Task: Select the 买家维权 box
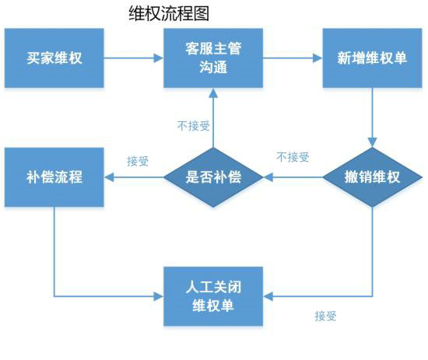click(x=54, y=58)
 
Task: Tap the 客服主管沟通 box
click(x=213, y=58)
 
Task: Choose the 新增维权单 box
click(x=372, y=58)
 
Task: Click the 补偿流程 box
click(x=54, y=177)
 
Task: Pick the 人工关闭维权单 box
click(x=213, y=295)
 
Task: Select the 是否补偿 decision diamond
click(x=213, y=177)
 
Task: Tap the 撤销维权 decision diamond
click(x=372, y=177)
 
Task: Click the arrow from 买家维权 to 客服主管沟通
click(x=133, y=58)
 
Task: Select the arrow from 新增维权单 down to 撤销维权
click(x=373, y=117)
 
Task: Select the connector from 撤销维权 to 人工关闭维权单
click(x=373, y=264)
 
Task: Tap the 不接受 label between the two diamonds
click(x=293, y=157)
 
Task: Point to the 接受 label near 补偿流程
click(x=138, y=161)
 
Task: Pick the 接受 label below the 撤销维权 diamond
click(x=325, y=315)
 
